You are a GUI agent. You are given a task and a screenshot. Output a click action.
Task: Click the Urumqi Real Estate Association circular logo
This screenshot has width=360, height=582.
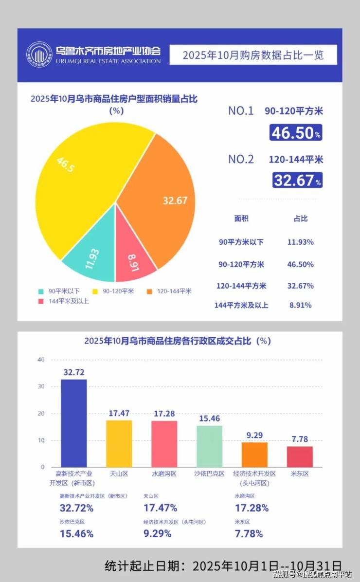pyautogui.click(x=39, y=55)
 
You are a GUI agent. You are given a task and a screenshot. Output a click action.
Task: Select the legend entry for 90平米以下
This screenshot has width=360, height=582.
pyautogui.click(x=59, y=291)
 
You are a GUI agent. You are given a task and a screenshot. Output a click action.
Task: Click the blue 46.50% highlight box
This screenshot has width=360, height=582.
pyautogui.click(x=296, y=132)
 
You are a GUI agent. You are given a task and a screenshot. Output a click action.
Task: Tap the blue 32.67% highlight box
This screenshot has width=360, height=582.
pyautogui.click(x=297, y=181)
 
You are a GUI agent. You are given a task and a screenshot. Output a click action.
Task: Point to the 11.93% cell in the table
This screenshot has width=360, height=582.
pyautogui.click(x=300, y=242)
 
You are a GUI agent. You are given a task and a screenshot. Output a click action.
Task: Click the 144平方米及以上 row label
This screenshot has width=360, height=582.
pyautogui.click(x=241, y=306)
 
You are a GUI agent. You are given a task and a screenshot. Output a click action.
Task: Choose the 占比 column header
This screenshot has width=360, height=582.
pyautogui.click(x=301, y=219)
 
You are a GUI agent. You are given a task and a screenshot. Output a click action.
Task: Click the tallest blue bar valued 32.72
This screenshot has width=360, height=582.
pyautogui.click(x=74, y=422)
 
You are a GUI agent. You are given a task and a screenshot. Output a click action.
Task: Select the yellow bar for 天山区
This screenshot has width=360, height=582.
pyautogui.click(x=119, y=443)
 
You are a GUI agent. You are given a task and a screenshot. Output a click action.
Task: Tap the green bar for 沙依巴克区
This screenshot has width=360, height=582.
pyautogui.click(x=209, y=446)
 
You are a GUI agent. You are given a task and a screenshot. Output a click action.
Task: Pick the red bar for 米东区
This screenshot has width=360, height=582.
pyautogui.click(x=300, y=456)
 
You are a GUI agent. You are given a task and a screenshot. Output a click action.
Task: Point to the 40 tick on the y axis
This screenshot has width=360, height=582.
pyautogui.click(x=41, y=360)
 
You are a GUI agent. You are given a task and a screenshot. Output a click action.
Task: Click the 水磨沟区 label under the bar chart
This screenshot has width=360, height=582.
pyautogui.click(x=164, y=473)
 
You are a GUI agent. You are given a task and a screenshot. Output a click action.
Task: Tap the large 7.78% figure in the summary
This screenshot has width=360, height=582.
pyautogui.click(x=249, y=534)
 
